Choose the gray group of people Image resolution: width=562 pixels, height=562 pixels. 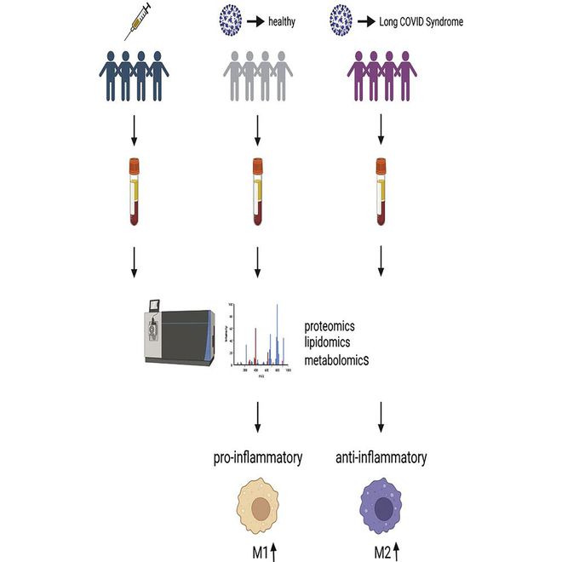pyautogui.click(x=256, y=77)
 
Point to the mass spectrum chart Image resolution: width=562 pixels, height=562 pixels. pyautogui.click(x=261, y=338)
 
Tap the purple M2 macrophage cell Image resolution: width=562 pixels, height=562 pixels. pyautogui.click(x=381, y=511)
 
